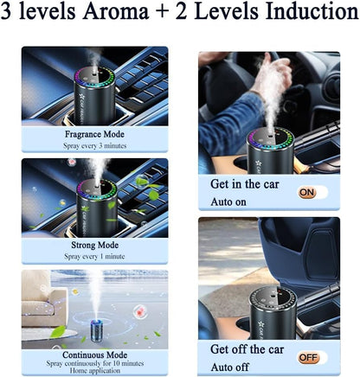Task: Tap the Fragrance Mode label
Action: click(94, 135)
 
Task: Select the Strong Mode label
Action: click(94, 246)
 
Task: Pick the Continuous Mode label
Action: click(94, 355)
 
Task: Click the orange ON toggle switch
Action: click(308, 193)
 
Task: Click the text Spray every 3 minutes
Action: click(94, 146)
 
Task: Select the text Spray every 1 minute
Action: click(94, 257)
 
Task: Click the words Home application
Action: click(94, 374)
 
